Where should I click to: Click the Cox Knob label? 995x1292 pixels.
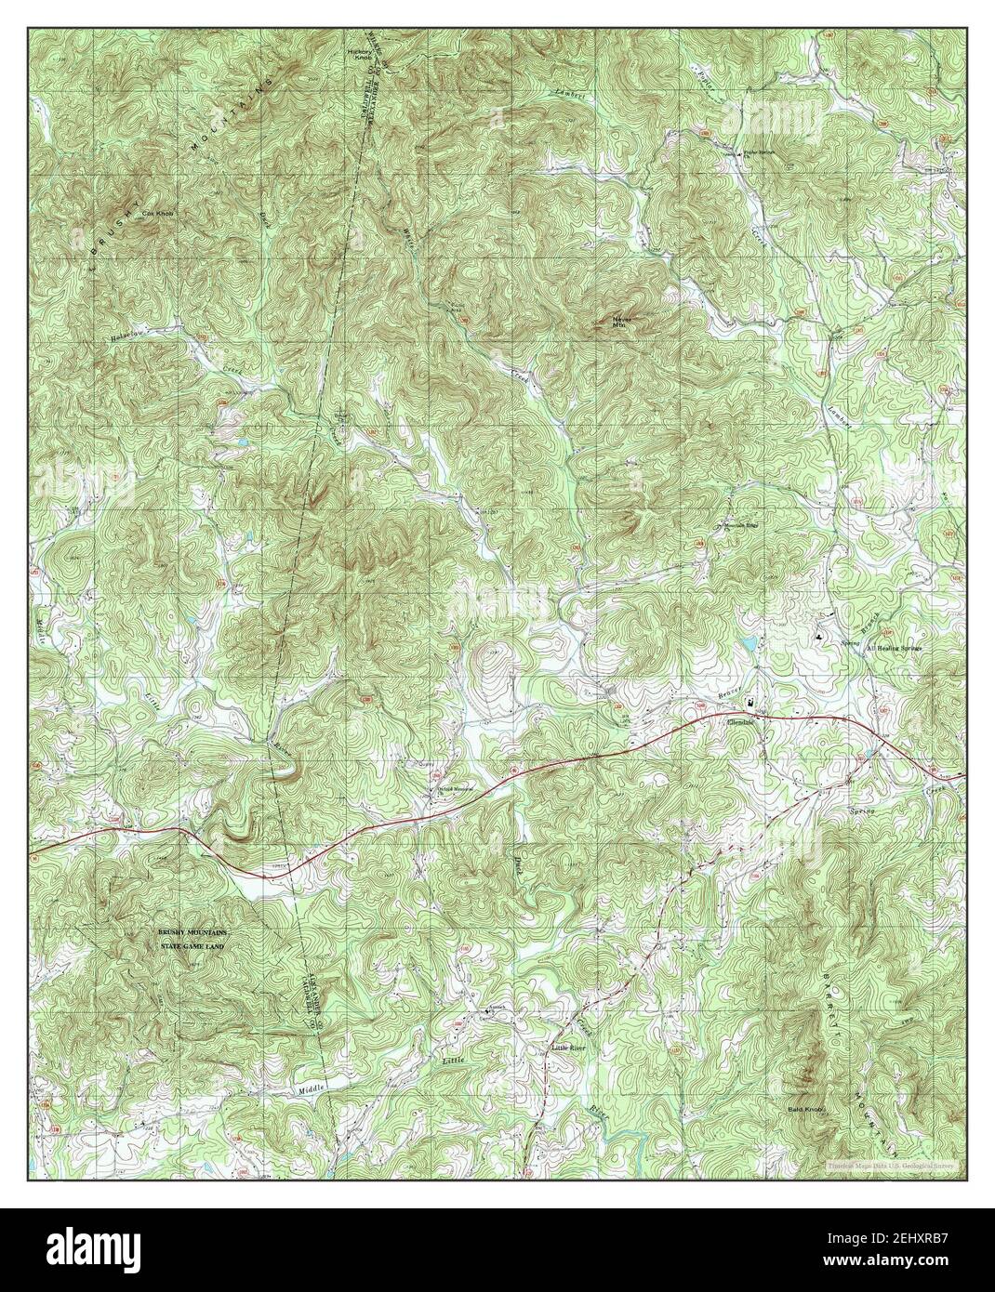[x=157, y=213]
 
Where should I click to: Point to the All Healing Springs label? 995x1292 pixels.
[x=892, y=648]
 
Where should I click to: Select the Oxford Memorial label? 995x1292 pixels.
[x=457, y=791]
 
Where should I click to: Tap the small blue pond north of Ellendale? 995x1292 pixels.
[x=748, y=642]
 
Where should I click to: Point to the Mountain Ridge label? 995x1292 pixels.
[x=741, y=525]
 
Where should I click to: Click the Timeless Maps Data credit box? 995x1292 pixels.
[x=894, y=1163]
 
